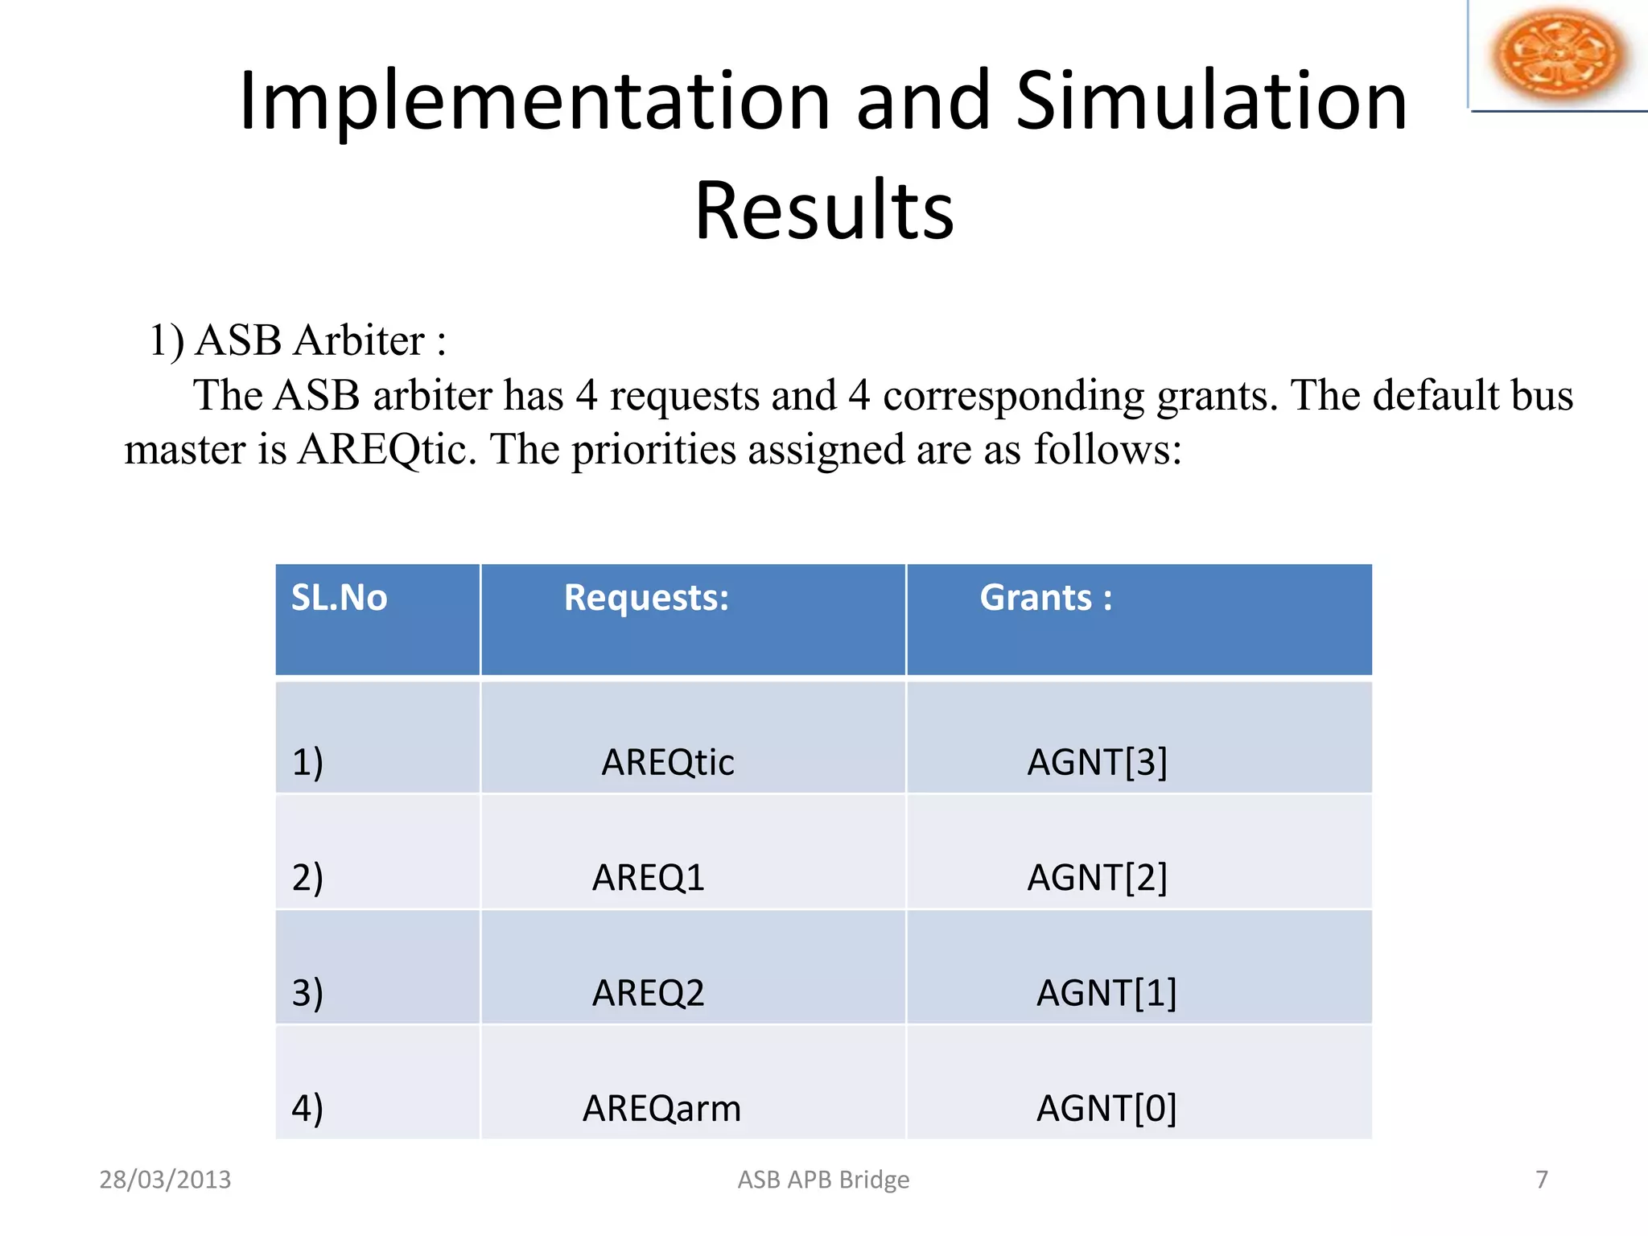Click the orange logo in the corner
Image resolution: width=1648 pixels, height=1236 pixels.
(x=1558, y=55)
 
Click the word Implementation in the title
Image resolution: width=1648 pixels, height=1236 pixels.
(x=534, y=101)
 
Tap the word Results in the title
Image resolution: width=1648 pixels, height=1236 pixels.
(x=824, y=211)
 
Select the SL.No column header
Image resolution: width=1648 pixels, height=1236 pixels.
(x=339, y=599)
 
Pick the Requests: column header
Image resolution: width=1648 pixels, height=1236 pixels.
(x=646, y=599)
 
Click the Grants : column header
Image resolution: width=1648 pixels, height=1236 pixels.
(x=1045, y=599)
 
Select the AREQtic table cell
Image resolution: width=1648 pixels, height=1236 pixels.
(x=667, y=762)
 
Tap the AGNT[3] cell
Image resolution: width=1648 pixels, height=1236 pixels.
(x=1097, y=762)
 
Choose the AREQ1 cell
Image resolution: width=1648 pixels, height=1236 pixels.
(x=648, y=877)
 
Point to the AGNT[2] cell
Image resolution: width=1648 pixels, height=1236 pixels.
(x=1097, y=877)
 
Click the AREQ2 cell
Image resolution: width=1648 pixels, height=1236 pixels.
(x=648, y=993)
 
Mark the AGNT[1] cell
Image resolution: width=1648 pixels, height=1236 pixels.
(x=1106, y=993)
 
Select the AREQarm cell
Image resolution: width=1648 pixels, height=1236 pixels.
(x=661, y=1109)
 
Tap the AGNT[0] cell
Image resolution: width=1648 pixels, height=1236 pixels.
(x=1106, y=1109)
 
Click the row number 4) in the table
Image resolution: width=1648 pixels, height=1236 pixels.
(x=307, y=1109)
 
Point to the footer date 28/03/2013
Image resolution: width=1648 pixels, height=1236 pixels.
(x=165, y=1180)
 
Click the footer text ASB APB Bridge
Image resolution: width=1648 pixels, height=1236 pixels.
(x=823, y=1180)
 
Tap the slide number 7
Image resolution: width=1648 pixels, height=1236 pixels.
(x=1541, y=1180)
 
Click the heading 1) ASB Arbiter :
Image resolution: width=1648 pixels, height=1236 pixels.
(x=298, y=340)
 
